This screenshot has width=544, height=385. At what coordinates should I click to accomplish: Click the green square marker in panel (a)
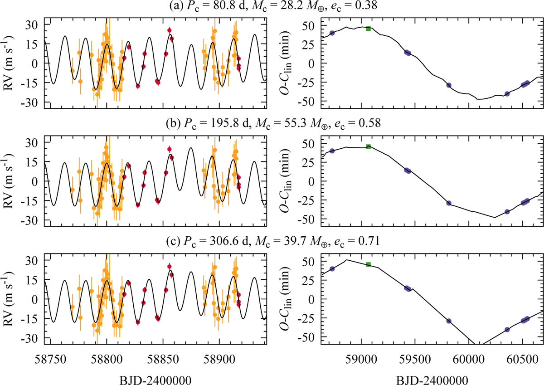[369, 29]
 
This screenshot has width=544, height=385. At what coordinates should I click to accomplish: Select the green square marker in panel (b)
[369, 146]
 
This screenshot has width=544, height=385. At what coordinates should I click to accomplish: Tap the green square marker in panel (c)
[369, 264]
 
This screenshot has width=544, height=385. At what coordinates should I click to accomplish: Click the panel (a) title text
[272, 6]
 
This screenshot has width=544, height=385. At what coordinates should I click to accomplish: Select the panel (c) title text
[272, 242]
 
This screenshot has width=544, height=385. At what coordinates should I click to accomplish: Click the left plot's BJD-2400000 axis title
[157, 377]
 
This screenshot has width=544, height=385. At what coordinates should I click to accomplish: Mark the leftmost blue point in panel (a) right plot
[332, 33]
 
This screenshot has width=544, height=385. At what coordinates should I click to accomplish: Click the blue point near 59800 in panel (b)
[449, 203]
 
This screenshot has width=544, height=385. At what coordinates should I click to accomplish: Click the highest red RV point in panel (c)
[170, 267]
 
